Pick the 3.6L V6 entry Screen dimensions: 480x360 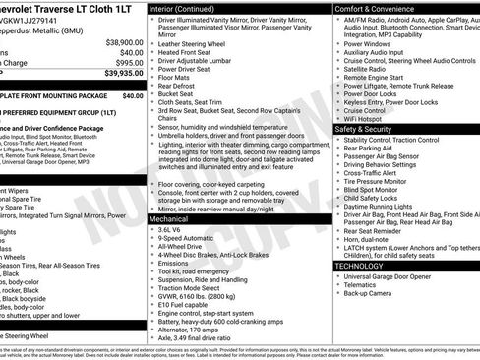coord(168,228)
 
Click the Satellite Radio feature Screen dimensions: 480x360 coord(369,69)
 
